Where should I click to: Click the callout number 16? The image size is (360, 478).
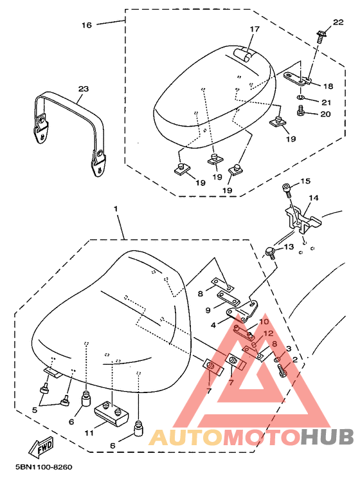87,25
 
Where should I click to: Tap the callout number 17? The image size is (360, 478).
255,30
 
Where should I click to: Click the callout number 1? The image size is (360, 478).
116,210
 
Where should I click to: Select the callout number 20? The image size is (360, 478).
325,114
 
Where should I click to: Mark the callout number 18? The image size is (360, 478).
327,86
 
